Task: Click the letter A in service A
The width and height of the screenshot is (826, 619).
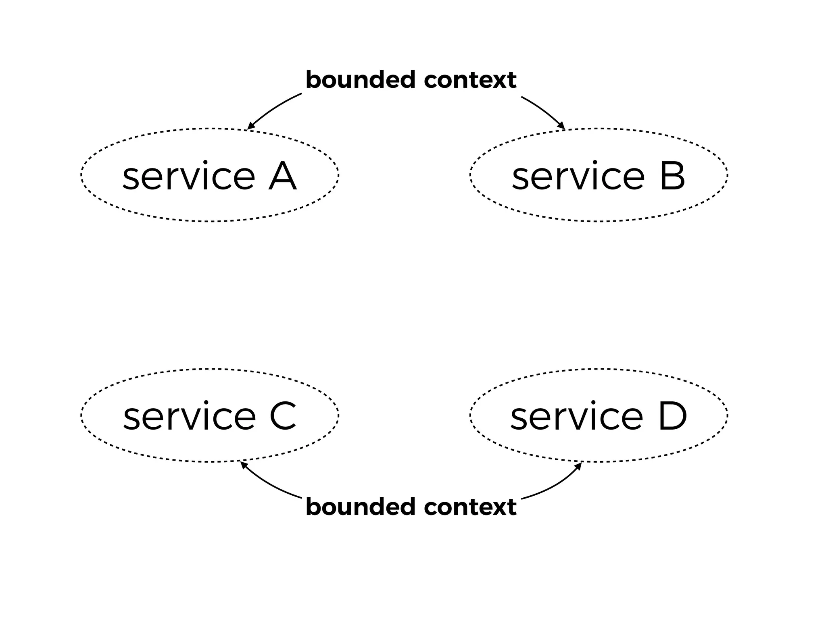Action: click(282, 177)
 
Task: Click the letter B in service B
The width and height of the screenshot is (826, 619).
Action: click(672, 177)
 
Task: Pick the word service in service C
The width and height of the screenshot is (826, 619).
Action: click(190, 418)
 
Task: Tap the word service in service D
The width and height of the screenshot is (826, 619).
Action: click(577, 418)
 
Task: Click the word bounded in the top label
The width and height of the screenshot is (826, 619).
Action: click(361, 80)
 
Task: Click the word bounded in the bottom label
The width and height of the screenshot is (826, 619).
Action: click(361, 507)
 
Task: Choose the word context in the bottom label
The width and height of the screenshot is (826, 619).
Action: click(470, 507)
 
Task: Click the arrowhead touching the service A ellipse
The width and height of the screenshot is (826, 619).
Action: click(250, 127)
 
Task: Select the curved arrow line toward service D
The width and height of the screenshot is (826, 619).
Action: click(555, 486)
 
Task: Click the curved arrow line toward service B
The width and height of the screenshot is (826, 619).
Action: click(542, 109)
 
